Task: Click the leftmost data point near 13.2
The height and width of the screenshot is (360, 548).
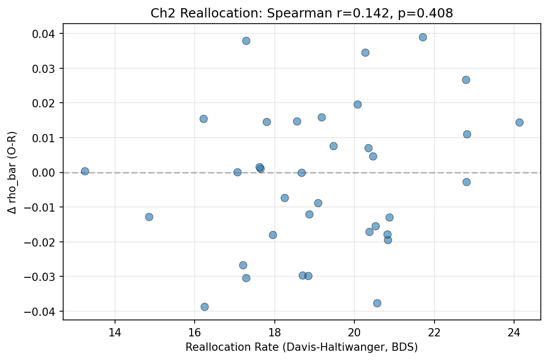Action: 85,171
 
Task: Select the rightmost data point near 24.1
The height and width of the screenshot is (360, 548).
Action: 519,122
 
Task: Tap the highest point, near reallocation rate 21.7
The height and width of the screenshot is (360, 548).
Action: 423,37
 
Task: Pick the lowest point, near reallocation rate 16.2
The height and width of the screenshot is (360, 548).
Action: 204,307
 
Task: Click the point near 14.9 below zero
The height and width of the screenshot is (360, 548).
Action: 149,217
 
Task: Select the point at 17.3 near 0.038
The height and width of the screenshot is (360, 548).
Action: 246,41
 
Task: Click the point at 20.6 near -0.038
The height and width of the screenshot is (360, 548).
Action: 377,303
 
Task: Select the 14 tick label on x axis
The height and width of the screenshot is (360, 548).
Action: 115,332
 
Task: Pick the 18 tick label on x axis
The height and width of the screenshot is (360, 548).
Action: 274,332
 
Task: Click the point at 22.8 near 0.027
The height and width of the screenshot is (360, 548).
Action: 466,80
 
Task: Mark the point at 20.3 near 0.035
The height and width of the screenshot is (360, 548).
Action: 365,52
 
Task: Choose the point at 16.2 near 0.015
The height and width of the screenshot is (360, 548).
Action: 203,119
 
